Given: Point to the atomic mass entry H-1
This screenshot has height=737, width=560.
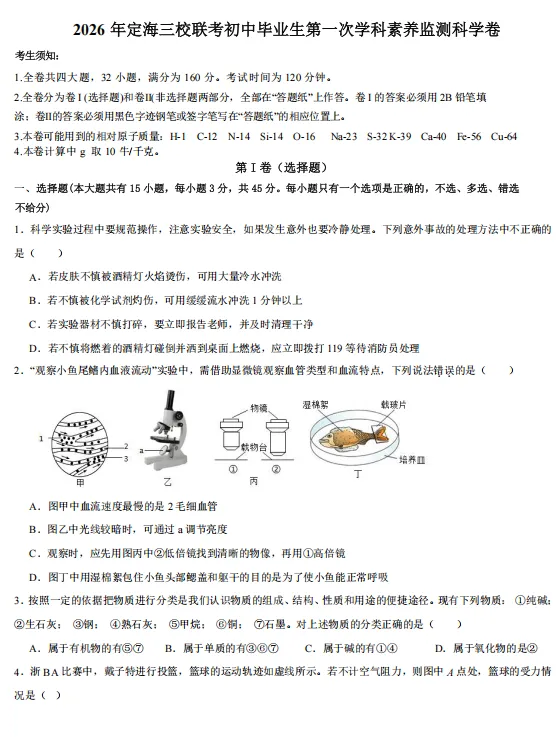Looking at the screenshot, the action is pos(178,136).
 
